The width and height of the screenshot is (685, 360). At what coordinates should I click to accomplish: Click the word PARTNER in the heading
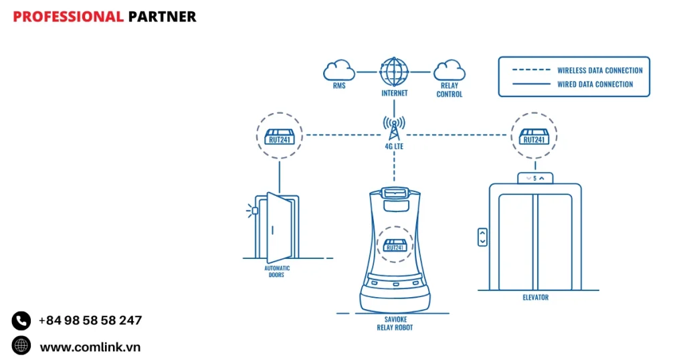click(162, 17)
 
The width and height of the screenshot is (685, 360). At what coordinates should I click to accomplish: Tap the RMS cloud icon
click(339, 70)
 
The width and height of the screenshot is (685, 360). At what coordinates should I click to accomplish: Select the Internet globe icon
click(394, 71)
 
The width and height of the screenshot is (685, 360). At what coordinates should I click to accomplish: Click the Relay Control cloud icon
click(449, 70)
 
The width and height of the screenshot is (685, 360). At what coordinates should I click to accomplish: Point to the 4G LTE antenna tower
click(394, 127)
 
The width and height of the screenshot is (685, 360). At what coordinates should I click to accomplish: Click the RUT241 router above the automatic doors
click(280, 135)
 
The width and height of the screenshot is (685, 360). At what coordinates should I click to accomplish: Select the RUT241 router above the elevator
click(534, 135)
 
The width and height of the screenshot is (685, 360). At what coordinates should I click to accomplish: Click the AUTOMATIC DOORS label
click(276, 272)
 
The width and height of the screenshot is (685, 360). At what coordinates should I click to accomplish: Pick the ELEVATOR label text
click(535, 297)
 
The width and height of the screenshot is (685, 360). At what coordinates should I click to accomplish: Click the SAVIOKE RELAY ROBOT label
click(395, 323)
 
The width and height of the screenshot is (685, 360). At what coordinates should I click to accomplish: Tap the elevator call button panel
click(482, 237)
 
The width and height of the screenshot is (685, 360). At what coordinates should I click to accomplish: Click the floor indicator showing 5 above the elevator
click(534, 178)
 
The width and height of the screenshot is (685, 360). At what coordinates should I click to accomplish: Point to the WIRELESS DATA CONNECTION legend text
click(599, 70)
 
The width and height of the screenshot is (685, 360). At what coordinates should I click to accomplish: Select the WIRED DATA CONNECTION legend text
click(595, 84)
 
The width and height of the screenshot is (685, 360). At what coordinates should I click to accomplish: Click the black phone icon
click(21, 321)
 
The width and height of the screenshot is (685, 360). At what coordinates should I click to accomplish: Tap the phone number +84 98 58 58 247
click(90, 321)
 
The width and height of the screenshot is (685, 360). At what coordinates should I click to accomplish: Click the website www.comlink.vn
click(90, 347)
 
